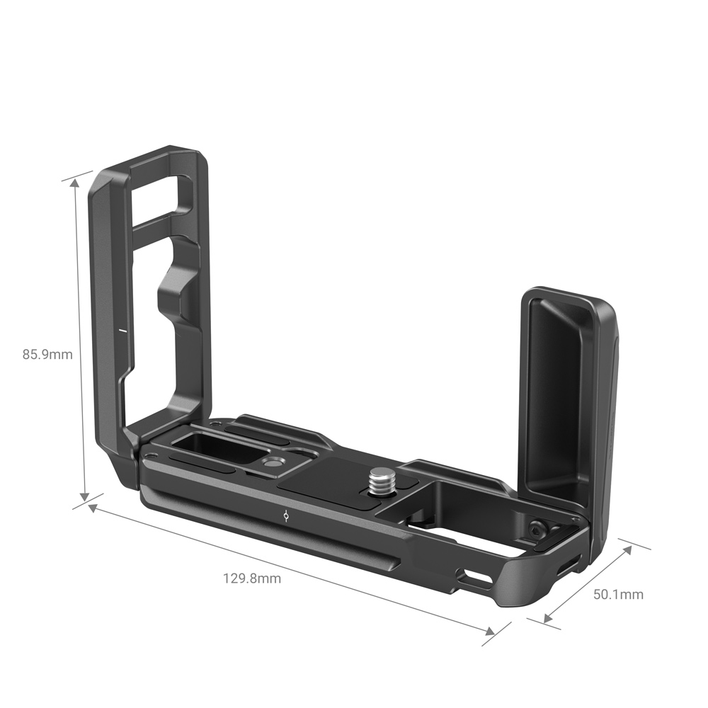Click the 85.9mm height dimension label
click(x=47, y=354)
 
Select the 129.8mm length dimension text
click(x=252, y=578)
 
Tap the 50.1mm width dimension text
click(x=618, y=594)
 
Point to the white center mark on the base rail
click(x=285, y=515)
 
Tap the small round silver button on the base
click(x=270, y=462)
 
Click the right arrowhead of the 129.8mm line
click(x=488, y=629)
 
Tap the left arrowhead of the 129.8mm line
click(x=93, y=508)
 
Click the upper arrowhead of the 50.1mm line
click(x=625, y=550)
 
